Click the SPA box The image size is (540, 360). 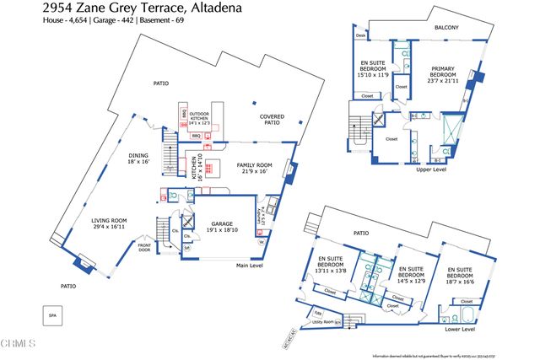tap(52, 314)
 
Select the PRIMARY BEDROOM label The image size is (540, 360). tap(444, 72)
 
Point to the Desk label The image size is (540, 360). tap(360, 36)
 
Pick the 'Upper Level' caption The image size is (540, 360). tap(430, 169)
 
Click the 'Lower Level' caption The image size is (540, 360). tap(460, 329)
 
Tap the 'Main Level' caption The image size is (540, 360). tap(250, 266)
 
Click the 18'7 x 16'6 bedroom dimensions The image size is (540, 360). tap(460, 281)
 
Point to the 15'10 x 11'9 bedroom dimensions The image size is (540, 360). tap(373, 75)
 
